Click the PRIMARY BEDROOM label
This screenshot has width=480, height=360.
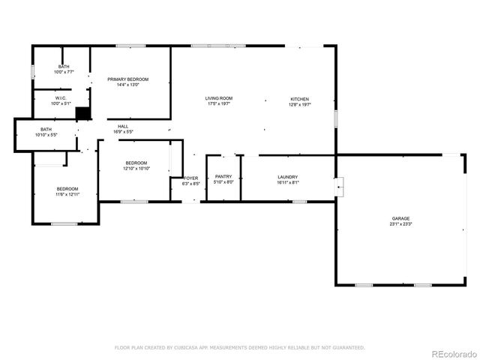(x=127, y=79)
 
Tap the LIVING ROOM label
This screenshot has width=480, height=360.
(x=219, y=98)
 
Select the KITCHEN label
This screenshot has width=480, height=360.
(x=300, y=99)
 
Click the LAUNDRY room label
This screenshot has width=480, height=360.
(x=288, y=177)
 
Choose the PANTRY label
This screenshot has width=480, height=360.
(x=223, y=177)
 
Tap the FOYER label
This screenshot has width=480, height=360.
(x=190, y=178)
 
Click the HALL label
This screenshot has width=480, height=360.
(x=123, y=127)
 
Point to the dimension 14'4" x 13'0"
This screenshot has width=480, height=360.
(x=127, y=85)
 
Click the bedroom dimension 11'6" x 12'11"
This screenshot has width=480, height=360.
(x=67, y=194)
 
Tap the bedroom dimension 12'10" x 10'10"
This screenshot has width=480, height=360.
(x=136, y=169)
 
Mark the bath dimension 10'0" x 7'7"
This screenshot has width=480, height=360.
(x=64, y=72)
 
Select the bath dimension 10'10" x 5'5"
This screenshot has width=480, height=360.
(x=46, y=135)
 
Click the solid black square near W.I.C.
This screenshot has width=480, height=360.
(x=82, y=113)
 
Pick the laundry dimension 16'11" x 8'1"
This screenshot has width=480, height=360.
(x=288, y=182)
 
